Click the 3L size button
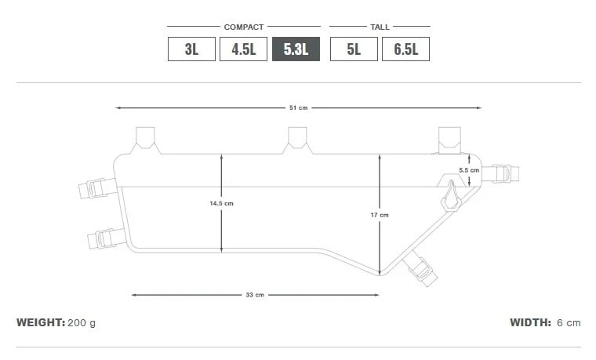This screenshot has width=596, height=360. click(x=191, y=49)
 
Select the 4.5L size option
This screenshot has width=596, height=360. click(x=244, y=49)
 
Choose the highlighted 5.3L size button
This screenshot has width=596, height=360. click(x=296, y=49)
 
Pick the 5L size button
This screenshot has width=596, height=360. click(x=354, y=49)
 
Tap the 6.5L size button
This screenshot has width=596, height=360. click(x=405, y=49)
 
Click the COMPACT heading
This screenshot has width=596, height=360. click(x=244, y=27)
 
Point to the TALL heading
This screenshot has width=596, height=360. click(x=380, y=27)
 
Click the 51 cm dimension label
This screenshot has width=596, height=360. click(x=298, y=107)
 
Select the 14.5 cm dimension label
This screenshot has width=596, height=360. click(x=221, y=203)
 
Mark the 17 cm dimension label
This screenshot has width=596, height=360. click(x=379, y=214)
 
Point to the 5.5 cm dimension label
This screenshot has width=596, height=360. click(x=469, y=170)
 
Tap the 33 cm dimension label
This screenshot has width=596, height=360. click(x=255, y=295)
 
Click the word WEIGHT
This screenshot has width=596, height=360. click(x=40, y=322)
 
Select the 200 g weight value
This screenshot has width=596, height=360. click(x=82, y=322)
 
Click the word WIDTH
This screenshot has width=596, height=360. click(x=530, y=322)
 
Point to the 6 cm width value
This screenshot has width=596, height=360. click(x=569, y=322)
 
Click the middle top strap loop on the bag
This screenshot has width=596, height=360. click(x=297, y=138)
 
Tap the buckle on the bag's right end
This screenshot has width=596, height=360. click(x=499, y=173)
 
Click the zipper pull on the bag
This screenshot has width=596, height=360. click(x=451, y=196)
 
